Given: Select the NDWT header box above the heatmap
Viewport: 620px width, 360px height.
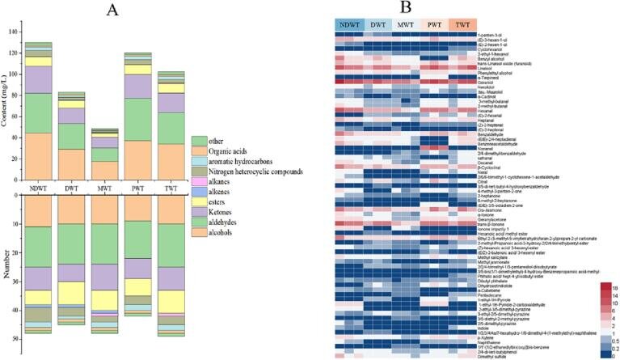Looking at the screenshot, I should [350, 26].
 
